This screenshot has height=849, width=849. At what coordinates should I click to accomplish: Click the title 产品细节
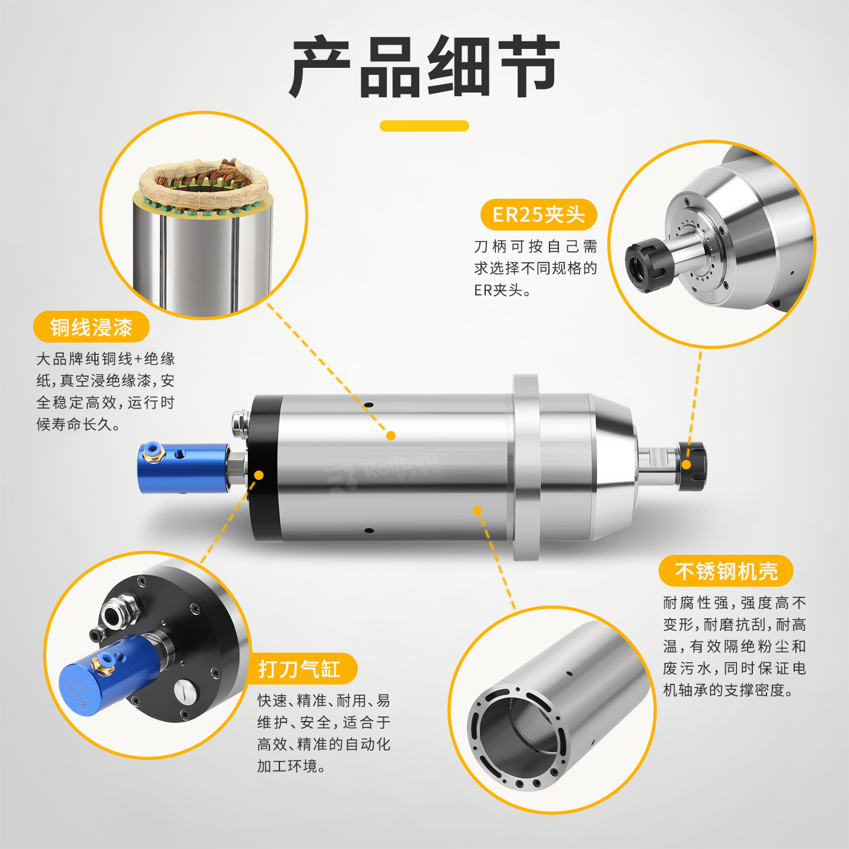(424, 67)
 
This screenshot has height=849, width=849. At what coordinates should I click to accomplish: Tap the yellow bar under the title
(424, 126)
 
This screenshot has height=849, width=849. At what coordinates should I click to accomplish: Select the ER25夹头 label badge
(538, 215)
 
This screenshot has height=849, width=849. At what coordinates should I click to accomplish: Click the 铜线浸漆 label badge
(91, 327)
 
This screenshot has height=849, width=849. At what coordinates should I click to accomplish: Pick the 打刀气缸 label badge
(300, 669)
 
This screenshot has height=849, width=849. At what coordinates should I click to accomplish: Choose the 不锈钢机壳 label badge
(726, 571)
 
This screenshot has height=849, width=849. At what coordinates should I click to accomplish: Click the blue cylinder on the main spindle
(184, 468)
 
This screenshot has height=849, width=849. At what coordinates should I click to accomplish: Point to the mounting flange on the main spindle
(526, 467)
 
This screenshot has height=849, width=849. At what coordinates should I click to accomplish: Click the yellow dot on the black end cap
(259, 475)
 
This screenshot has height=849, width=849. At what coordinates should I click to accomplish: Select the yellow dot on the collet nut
(686, 465)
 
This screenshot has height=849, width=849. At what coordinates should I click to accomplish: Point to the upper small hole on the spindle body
(368, 404)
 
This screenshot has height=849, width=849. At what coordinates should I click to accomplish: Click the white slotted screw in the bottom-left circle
(186, 691)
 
